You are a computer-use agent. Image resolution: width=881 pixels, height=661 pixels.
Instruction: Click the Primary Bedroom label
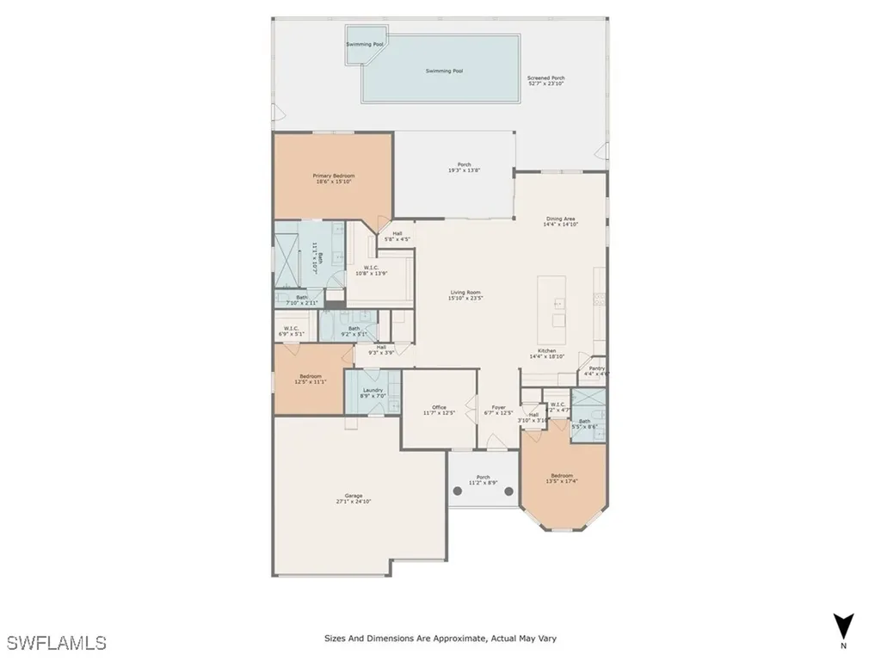pyautogui.click(x=333, y=176)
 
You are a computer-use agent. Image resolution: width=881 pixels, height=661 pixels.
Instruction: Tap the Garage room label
pyautogui.click(x=354, y=496)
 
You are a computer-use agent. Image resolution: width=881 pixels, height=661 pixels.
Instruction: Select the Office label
pyautogui.click(x=439, y=407)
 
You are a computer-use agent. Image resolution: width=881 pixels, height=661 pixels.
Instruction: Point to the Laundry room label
pyautogui.click(x=373, y=390)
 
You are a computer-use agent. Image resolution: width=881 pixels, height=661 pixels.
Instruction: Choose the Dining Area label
pyautogui.click(x=561, y=219)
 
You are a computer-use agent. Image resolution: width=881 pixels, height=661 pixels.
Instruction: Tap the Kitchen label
pyautogui.click(x=547, y=351)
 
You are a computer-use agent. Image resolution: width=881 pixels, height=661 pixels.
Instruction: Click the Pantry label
pyautogui.click(x=596, y=368)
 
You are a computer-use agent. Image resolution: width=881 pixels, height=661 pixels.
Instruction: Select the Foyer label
pyautogui.click(x=499, y=407)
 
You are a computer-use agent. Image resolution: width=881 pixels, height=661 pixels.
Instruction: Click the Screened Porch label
pyautogui.click(x=545, y=77)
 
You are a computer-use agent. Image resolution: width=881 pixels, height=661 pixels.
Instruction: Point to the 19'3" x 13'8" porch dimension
pyautogui.click(x=464, y=170)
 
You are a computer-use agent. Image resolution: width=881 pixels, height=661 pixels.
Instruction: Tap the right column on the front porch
pyautogui.click(x=508, y=492)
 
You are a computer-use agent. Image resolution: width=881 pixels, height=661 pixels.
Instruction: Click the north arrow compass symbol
pyautogui.click(x=843, y=626)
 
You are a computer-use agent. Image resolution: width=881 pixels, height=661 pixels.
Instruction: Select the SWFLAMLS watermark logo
pyautogui.click(x=56, y=642)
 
